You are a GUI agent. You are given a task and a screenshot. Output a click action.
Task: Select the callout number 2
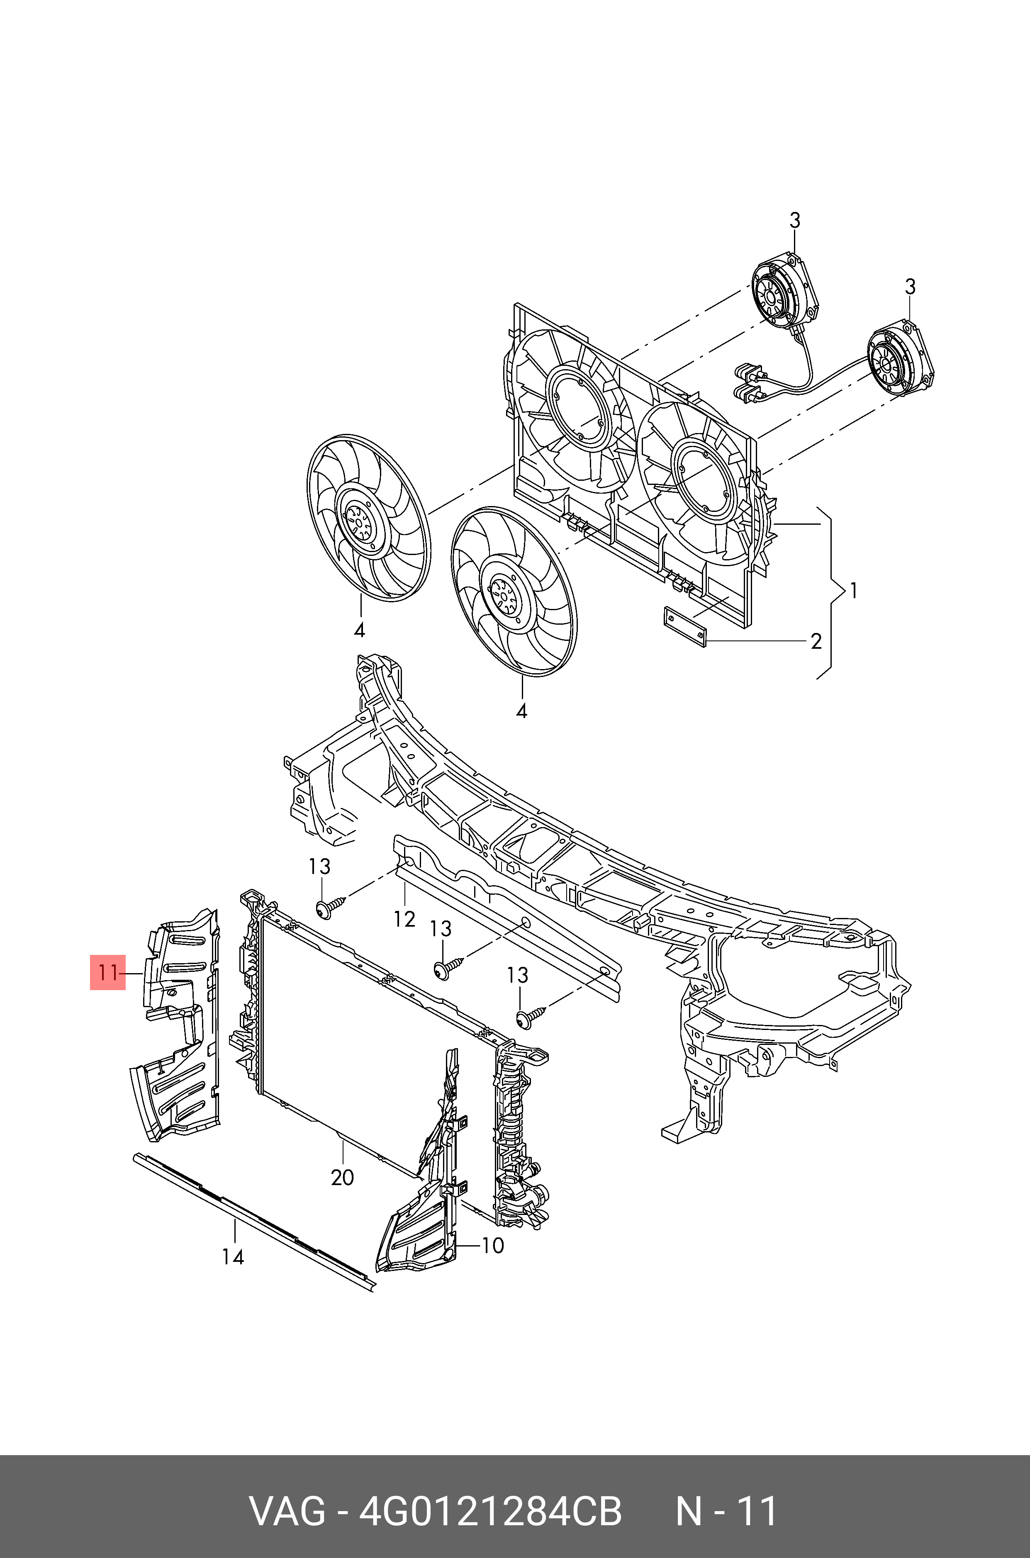[816, 641]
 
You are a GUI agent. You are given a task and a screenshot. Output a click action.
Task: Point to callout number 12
[404, 919]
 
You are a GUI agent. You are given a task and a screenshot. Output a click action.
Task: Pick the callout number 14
[233, 1256]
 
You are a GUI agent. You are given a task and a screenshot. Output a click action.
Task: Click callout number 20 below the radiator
[342, 1178]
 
